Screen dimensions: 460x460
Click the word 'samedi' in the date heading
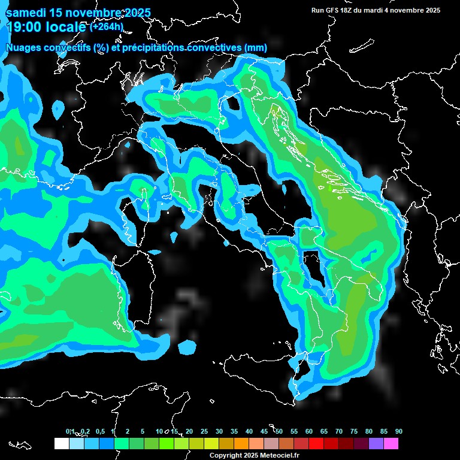coord(27,13)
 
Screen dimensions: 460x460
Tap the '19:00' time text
coord(23,26)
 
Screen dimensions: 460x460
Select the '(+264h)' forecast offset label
coord(107,26)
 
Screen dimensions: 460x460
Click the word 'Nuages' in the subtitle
coord(25,47)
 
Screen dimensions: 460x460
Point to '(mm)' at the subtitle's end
coord(256,47)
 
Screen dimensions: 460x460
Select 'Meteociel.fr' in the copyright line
coord(279,455)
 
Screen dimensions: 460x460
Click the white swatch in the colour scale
coord(61,444)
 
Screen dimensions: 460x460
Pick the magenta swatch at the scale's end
coord(391,444)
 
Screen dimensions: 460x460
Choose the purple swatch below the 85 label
coord(376,444)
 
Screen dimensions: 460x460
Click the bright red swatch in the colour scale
coord(316,444)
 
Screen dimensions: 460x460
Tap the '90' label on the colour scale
coord(399,431)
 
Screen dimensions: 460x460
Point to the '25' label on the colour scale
coord(204,431)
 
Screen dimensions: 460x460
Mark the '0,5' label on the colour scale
coord(99,431)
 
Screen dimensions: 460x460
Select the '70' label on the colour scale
coord(339,431)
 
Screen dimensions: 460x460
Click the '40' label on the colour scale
coord(249,431)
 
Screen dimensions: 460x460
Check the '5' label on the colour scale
coord(143,431)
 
